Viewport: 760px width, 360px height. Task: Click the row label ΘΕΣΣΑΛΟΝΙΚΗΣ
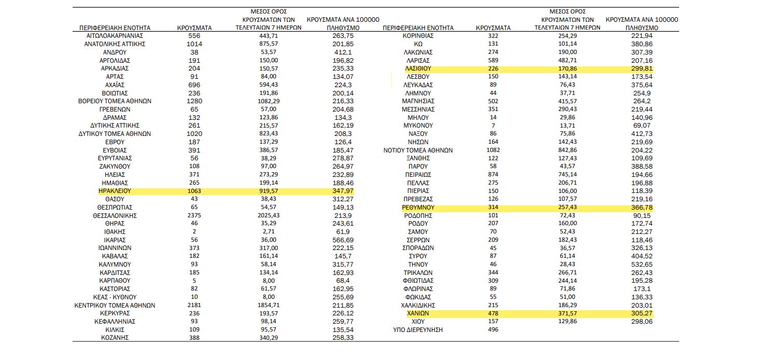115,215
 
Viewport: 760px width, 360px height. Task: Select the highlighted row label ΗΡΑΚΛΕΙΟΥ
115,191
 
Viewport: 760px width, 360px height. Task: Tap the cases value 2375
194,215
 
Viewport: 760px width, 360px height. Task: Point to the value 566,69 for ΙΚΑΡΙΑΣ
343,240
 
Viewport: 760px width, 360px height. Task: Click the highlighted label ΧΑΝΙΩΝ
418,313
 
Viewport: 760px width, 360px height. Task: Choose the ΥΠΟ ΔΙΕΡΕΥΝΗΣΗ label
418,329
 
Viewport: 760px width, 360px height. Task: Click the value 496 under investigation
493,329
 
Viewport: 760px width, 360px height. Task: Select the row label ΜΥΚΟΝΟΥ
418,126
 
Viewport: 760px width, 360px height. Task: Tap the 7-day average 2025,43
269,215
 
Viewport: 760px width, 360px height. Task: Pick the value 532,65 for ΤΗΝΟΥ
642,264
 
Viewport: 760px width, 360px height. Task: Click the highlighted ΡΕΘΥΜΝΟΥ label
418,207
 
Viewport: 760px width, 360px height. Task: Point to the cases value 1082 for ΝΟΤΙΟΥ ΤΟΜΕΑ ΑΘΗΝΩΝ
493,150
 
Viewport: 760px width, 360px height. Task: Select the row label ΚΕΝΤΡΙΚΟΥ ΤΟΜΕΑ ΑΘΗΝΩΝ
115,305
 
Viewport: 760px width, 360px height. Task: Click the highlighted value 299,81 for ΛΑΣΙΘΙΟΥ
642,68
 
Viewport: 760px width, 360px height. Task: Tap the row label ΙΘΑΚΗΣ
115,232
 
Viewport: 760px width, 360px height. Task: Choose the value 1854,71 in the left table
269,305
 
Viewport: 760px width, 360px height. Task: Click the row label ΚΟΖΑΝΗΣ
115,338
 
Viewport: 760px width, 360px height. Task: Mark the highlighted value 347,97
343,191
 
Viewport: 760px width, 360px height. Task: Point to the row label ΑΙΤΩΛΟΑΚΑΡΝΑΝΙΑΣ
115,36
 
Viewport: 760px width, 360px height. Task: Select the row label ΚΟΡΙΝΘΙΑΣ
418,36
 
